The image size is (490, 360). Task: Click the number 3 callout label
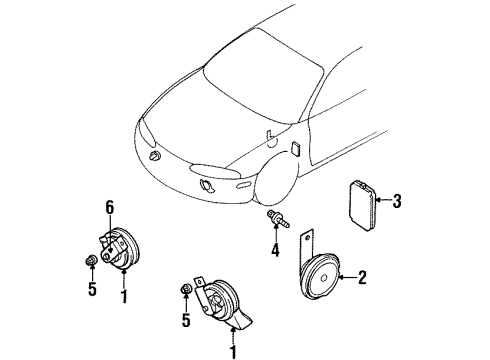click(x=397, y=202)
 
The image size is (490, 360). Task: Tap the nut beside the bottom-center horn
click(x=185, y=291)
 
